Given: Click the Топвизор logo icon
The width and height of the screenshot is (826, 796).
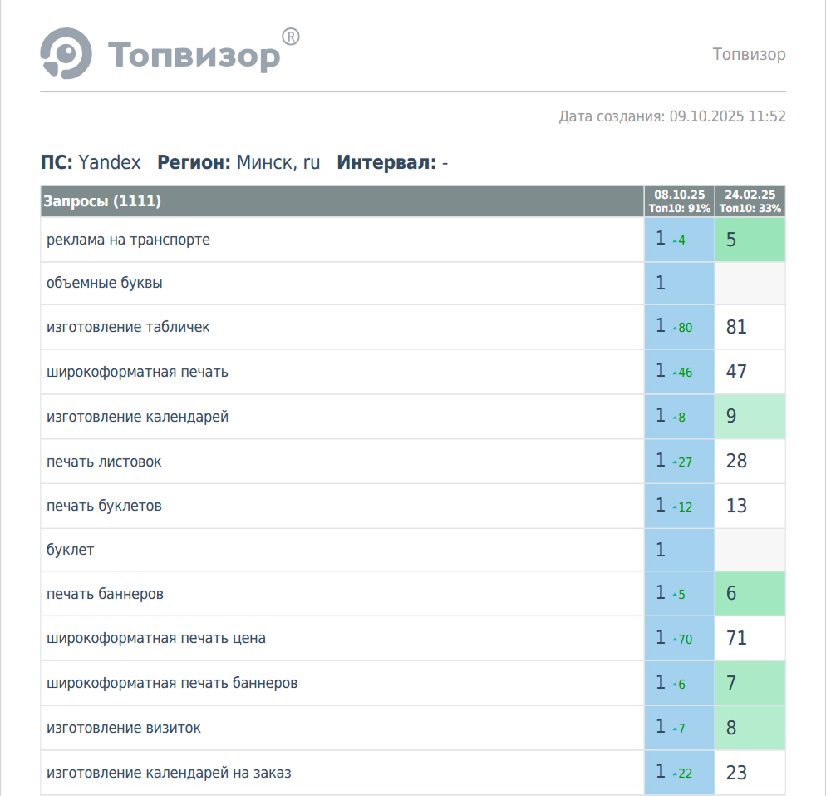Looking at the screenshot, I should click(x=66, y=54).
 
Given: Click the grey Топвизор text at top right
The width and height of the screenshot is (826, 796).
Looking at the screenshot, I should click(x=749, y=55).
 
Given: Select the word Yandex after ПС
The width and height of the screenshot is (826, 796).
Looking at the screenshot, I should click(x=110, y=162).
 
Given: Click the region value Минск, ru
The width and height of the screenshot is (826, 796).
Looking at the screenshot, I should click(x=278, y=162).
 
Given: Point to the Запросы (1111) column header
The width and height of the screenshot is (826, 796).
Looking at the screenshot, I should click(x=102, y=201).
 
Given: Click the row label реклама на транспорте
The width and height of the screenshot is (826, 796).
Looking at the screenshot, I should click(x=128, y=240).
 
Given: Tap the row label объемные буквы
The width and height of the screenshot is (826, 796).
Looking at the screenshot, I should click(x=105, y=283).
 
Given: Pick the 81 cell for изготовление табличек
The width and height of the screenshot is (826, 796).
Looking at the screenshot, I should click(x=736, y=327).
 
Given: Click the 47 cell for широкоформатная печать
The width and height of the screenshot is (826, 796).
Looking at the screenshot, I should click(x=736, y=372).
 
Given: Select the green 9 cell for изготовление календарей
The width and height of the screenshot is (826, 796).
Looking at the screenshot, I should click(x=732, y=416).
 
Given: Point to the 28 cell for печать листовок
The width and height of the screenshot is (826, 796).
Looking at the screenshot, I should click(x=736, y=461).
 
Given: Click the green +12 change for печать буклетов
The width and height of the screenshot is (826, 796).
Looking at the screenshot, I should click(x=683, y=507).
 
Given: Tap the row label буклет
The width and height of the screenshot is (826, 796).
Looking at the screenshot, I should click(x=71, y=550).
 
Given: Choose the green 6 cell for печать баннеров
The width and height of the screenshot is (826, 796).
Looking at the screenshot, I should click(x=732, y=594).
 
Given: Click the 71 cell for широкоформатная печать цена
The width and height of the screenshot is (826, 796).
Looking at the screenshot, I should click(x=736, y=639).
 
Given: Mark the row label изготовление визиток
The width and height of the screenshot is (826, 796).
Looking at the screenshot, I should click(x=124, y=728).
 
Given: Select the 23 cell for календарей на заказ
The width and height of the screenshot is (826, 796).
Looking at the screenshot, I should click(x=736, y=773).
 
